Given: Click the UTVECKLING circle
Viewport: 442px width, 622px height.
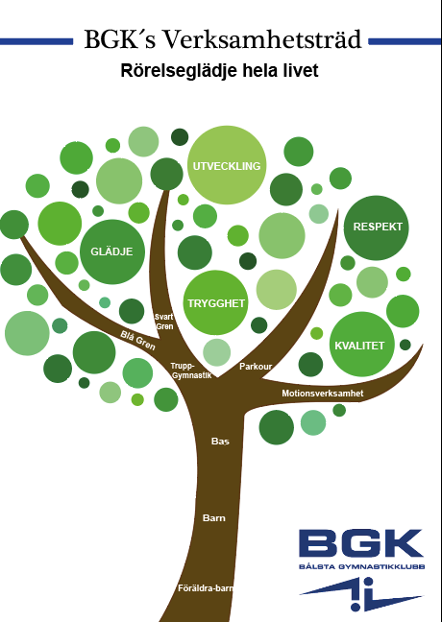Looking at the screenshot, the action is click(x=227, y=165).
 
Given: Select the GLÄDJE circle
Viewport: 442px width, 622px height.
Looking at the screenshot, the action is click(x=112, y=251).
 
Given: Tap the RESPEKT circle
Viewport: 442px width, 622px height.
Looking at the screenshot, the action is click(x=377, y=227).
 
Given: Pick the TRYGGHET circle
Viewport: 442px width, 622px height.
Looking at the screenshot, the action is click(x=215, y=303).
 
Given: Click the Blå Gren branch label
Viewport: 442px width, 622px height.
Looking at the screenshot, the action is click(x=137, y=341).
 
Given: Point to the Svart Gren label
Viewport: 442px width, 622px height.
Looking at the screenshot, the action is click(x=164, y=322).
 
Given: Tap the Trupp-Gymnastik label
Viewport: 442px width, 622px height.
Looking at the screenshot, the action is click(x=191, y=371).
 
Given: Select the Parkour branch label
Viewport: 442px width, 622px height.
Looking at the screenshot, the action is click(x=256, y=367).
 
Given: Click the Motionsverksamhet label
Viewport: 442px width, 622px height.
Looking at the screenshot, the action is click(x=323, y=394).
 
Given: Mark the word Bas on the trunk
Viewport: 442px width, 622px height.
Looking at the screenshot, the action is click(x=220, y=442).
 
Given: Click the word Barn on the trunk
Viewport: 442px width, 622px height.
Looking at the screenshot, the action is click(x=213, y=518).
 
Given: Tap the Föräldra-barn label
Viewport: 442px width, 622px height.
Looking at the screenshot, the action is click(x=206, y=588).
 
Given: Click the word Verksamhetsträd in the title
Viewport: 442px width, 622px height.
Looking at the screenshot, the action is click(x=262, y=39).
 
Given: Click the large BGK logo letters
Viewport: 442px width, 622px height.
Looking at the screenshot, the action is click(x=361, y=543).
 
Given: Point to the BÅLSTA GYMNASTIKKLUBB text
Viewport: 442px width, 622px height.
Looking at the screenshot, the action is click(x=362, y=566).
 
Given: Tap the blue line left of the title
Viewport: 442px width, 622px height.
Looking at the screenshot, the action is click(x=37, y=41).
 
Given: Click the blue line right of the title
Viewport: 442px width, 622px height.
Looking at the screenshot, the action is click(x=405, y=41).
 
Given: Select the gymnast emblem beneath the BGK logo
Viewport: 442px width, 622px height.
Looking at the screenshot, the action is click(x=361, y=594).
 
